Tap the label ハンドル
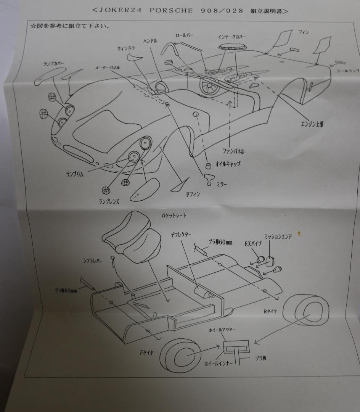[x=150, y=41]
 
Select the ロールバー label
[x=184, y=35]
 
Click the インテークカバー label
[x=232, y=37]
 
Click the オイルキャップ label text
[x=228, y=165]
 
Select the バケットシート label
[x=174, y=216]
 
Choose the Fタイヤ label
[x=146, y=352]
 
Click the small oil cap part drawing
[x=208, y=165]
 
